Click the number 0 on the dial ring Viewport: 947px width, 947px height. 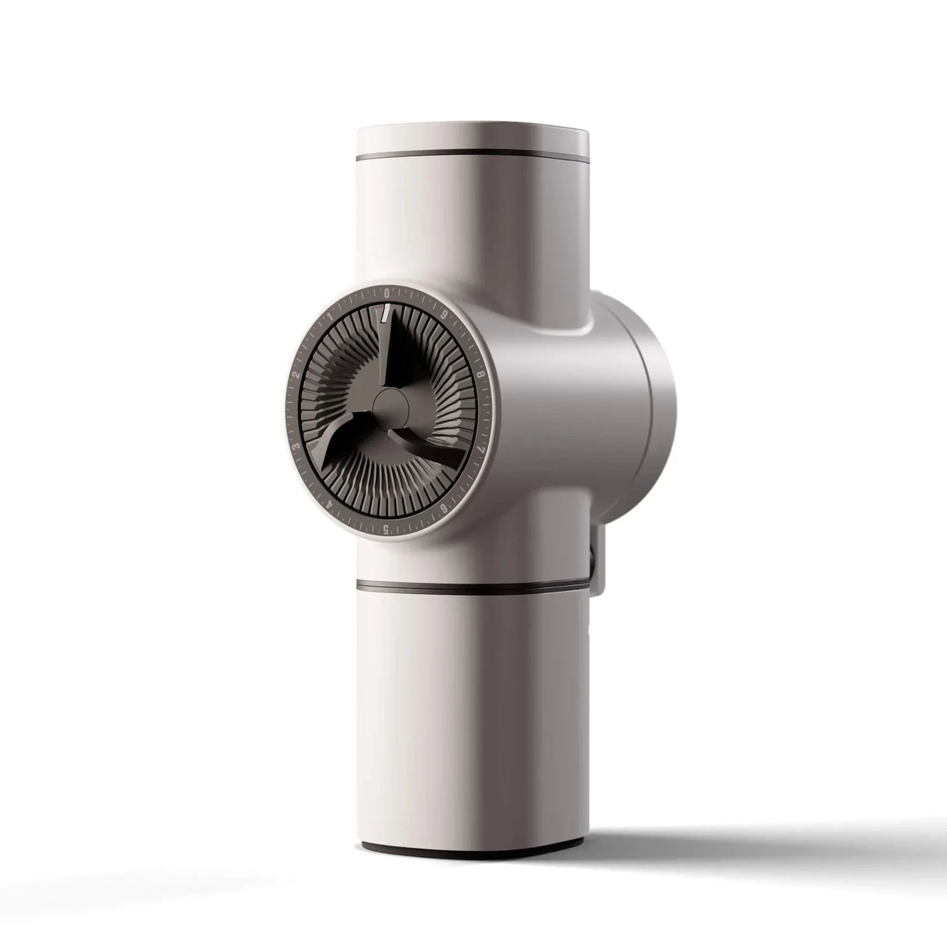[387, 293]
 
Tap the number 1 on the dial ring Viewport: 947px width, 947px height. [330, 316]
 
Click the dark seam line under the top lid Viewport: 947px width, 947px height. [473, 154]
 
